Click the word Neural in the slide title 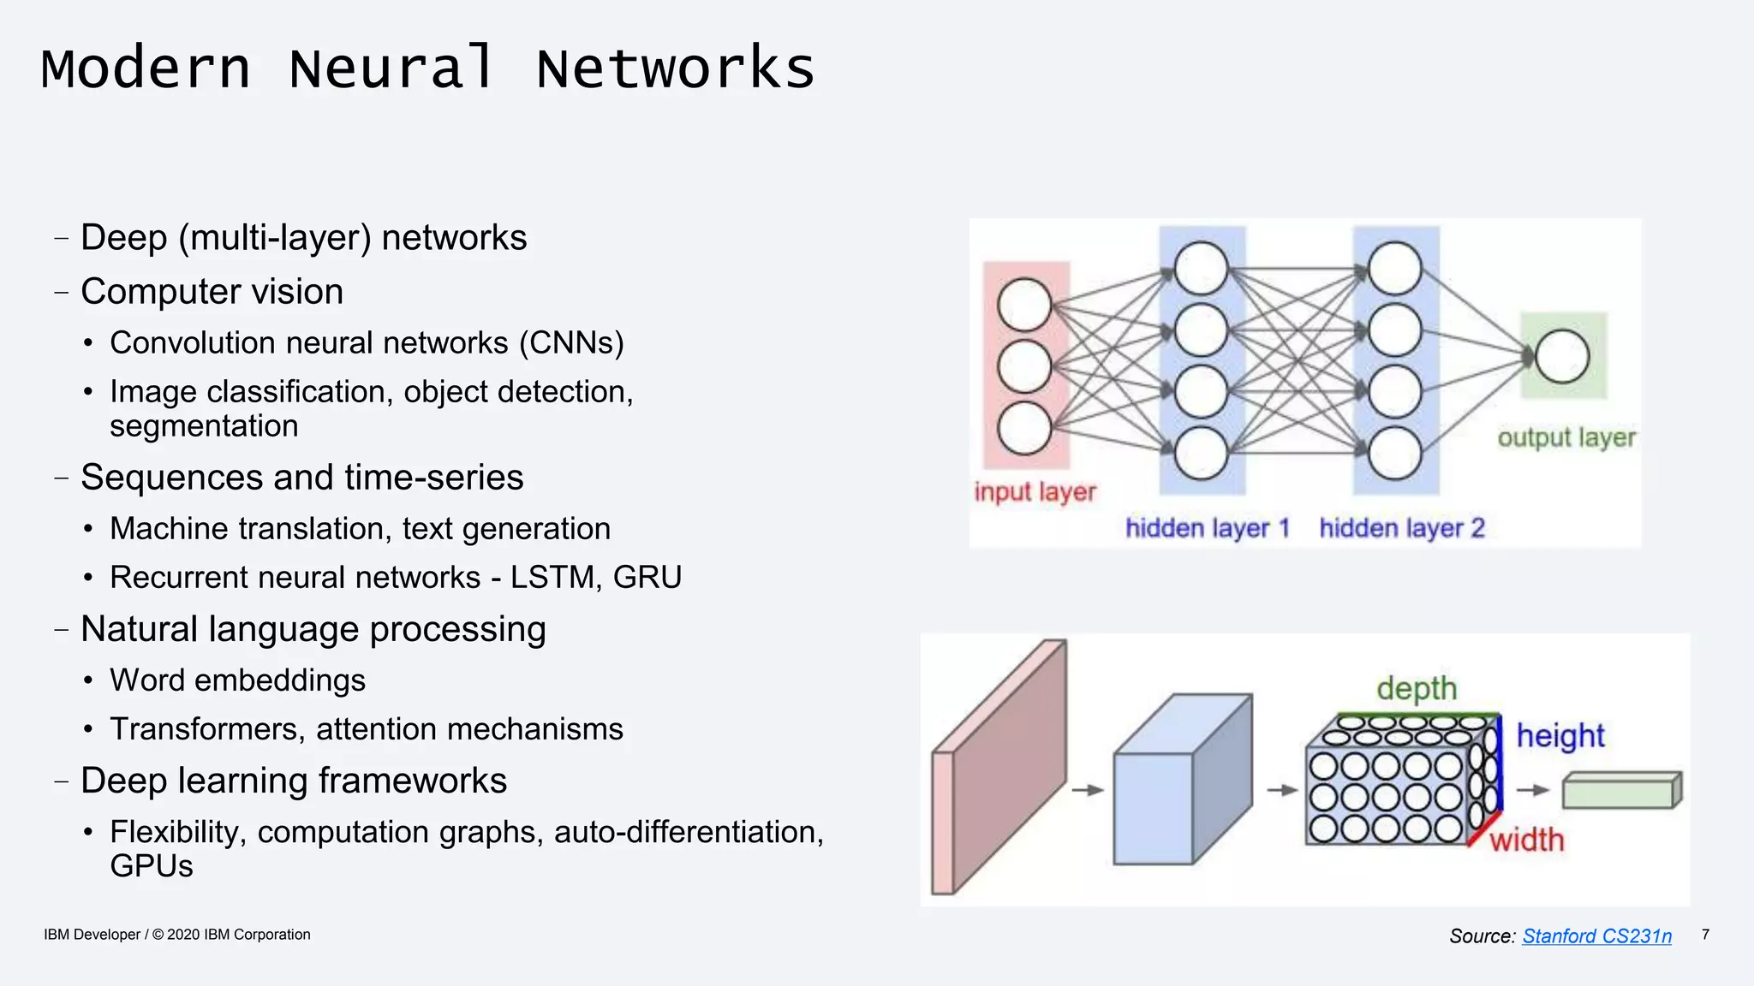pos(392,68)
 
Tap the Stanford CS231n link pos(1596,936)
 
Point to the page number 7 pos(1705,935)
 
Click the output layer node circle pos(1562,356)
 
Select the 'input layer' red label pos(1035,492)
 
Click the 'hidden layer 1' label pos(1207,528)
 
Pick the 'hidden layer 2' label pos(1402,528)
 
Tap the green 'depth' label pos(1417,688)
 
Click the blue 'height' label pos(1560,736)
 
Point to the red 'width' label pos(1526,840)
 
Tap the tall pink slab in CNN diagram pos(998,770)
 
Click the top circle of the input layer pos(1024,305)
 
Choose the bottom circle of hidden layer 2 pos(1394,454)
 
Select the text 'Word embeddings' pos(237,680)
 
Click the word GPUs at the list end pos(152,866)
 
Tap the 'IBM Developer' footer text pos(92,935)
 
